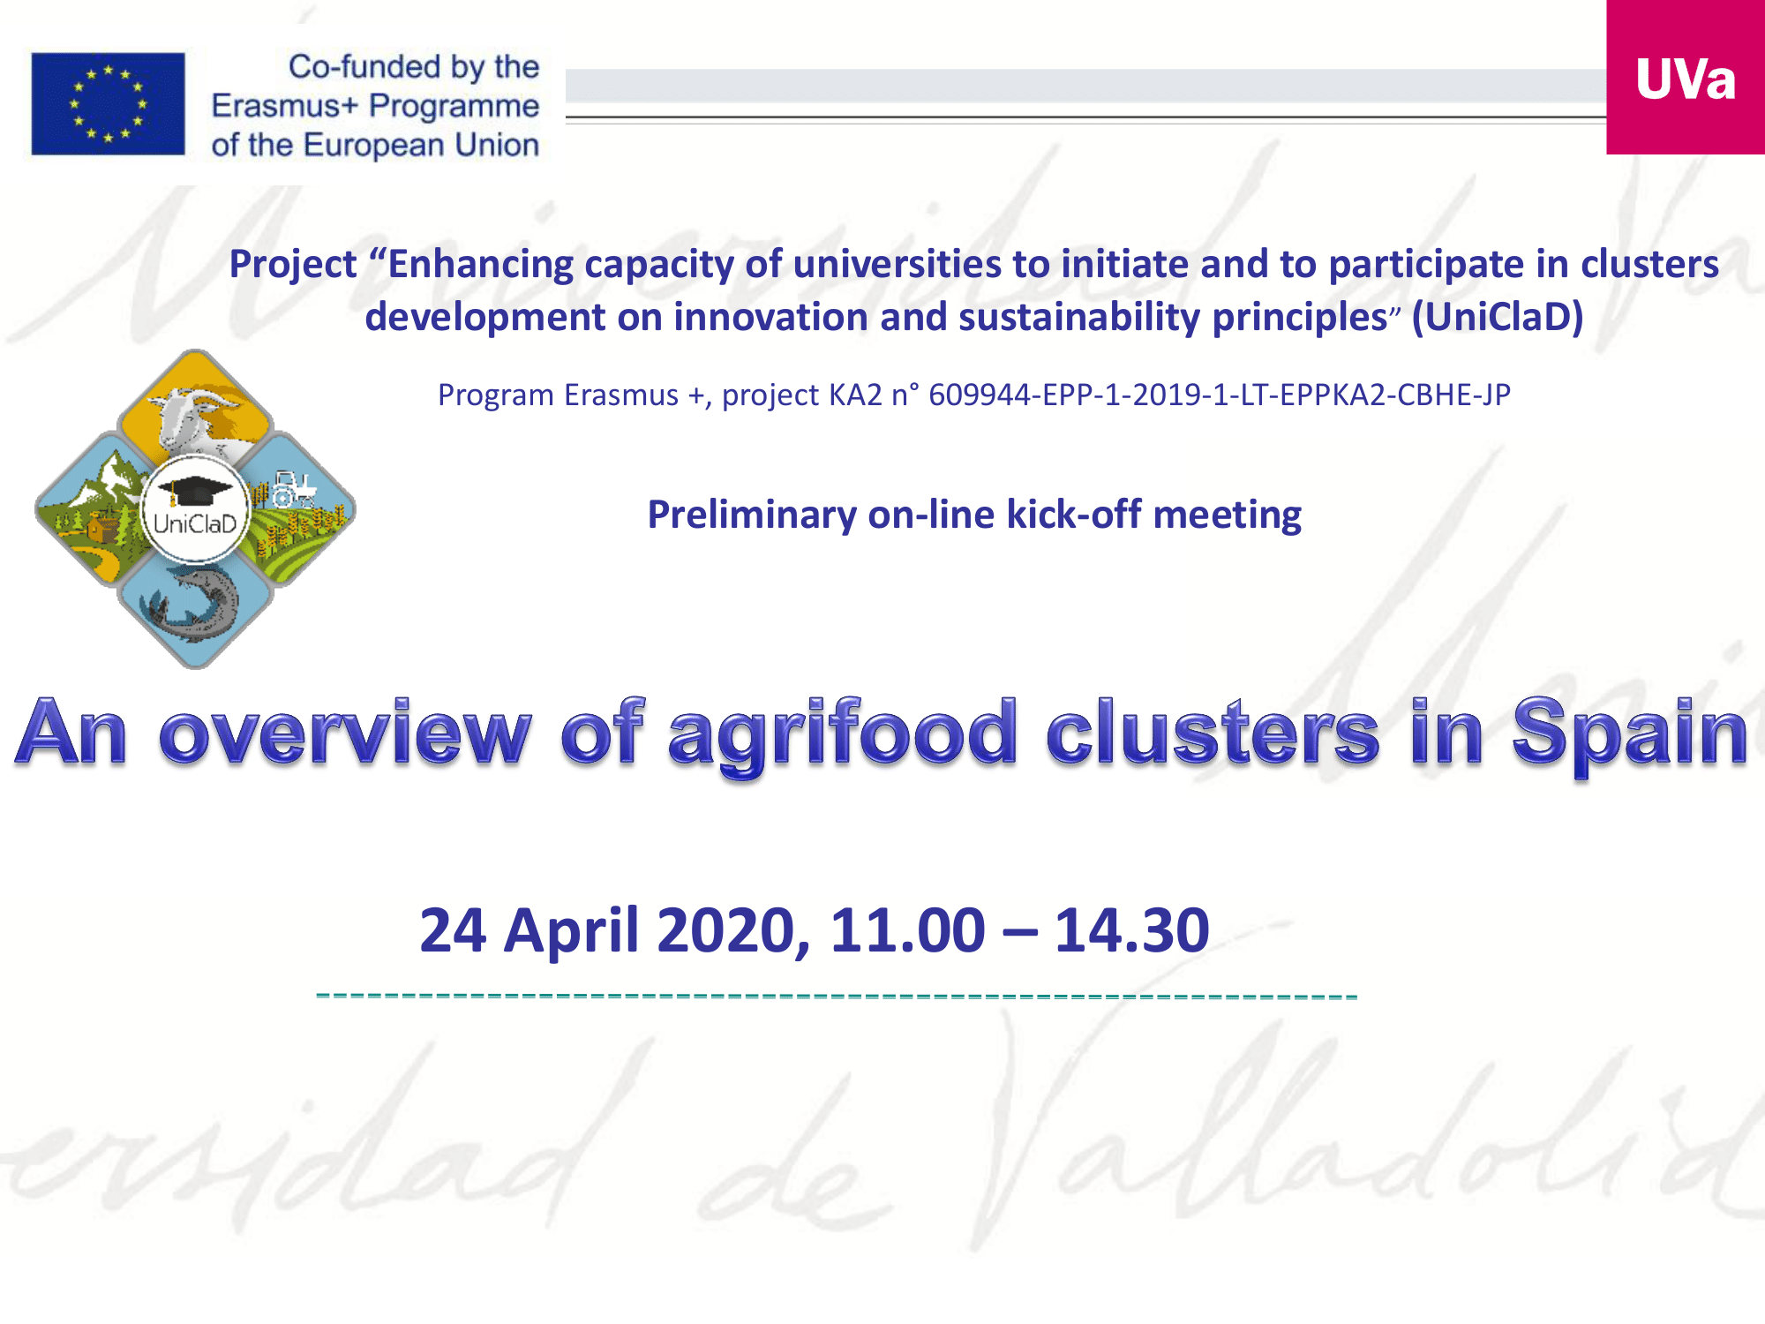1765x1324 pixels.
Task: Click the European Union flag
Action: [x=108, y=103]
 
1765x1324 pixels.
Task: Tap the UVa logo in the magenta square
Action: [x=1686, y=79]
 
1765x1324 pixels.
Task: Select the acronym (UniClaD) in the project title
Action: [x=1498, y=317]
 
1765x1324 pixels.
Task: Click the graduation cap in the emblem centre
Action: [x=195, y=491]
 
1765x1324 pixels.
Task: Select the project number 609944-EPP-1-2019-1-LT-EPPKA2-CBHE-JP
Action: [x=1220, y=395]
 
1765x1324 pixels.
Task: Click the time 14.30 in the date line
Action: [x=1132, y=930]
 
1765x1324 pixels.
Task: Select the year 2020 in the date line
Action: [x=733, y=932]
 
